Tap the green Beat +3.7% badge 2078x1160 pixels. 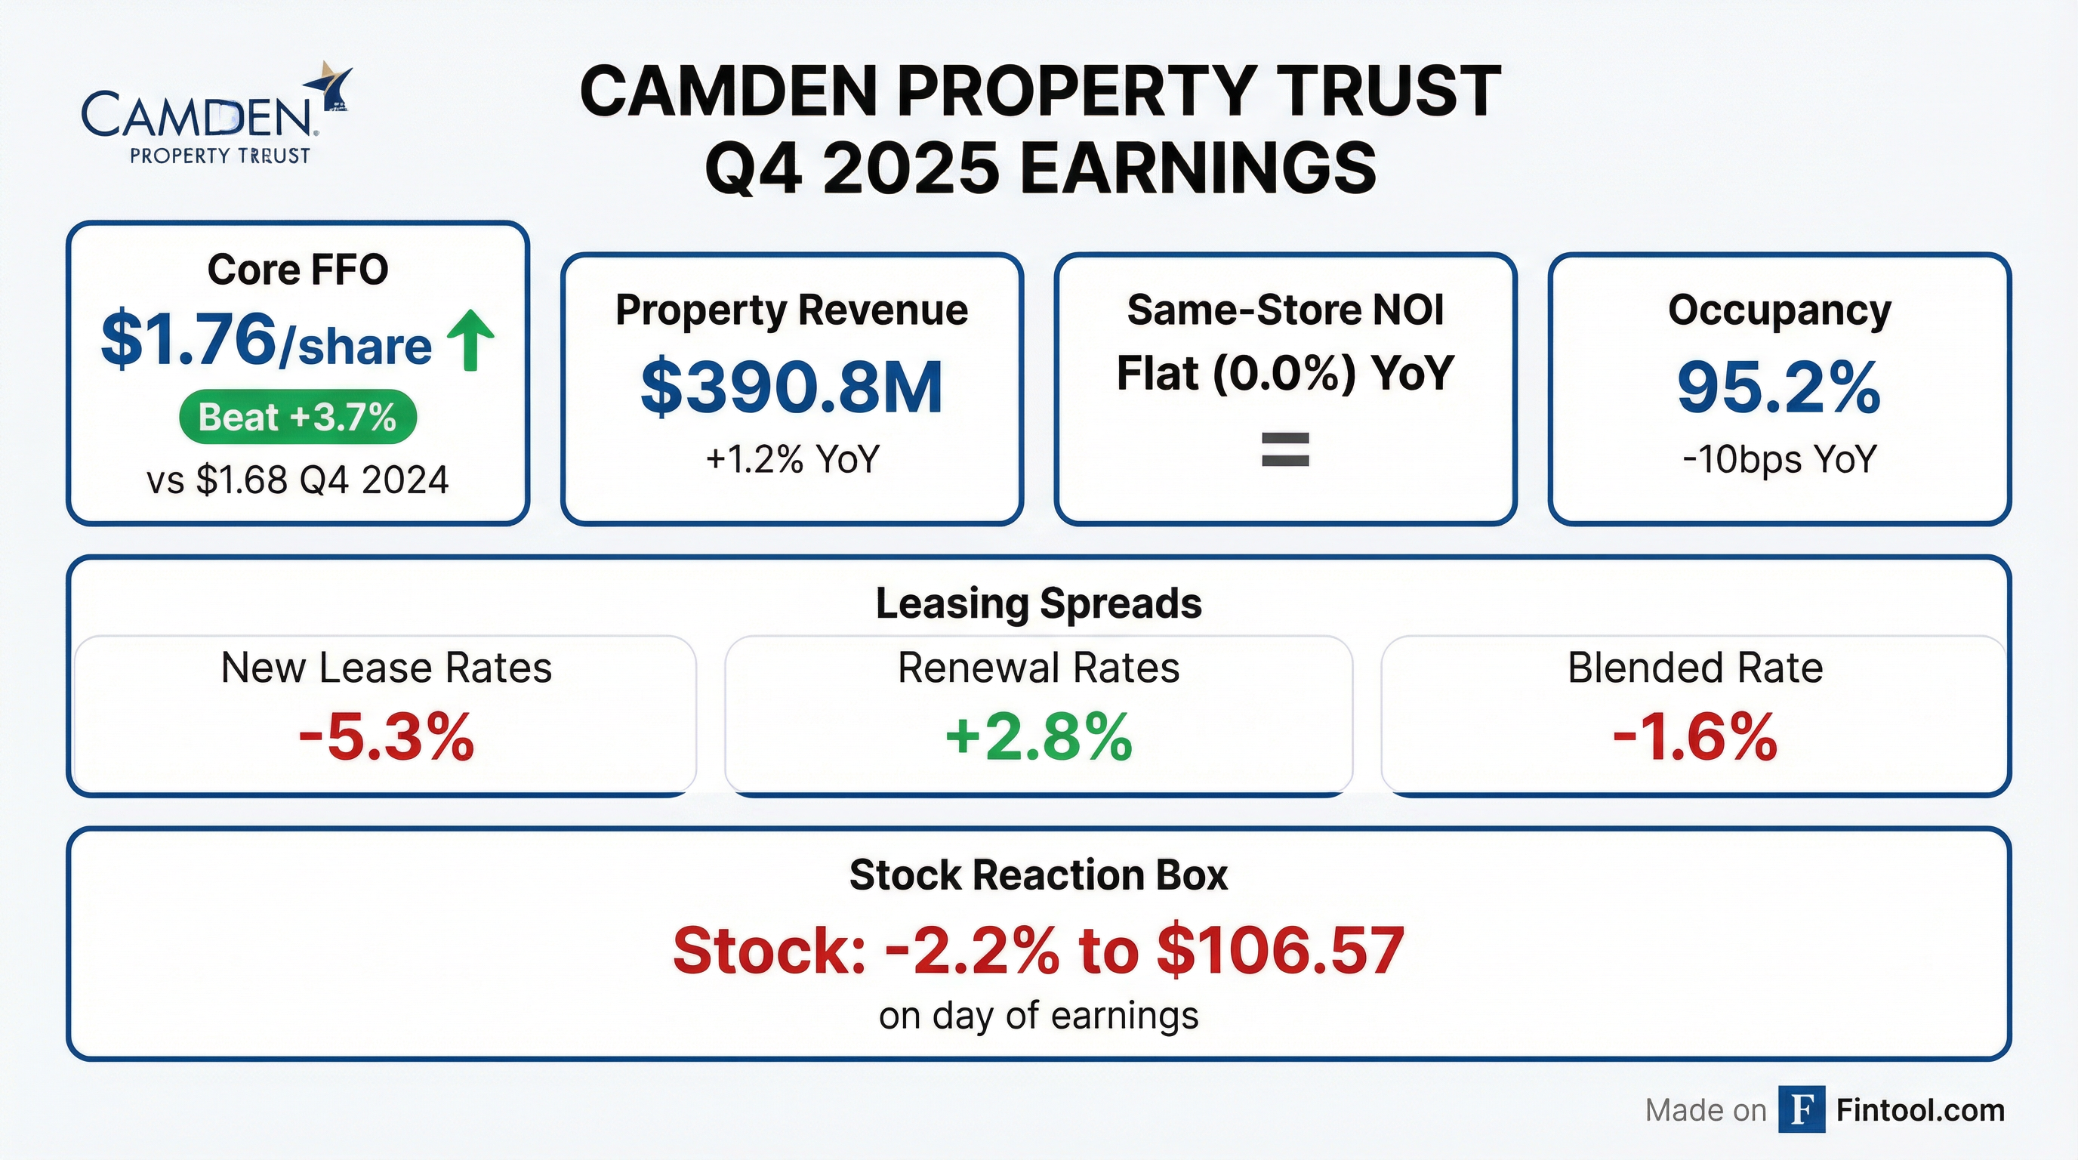pyautogui.click(x=298, y=417)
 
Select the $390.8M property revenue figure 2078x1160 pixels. pyautogui.click(x=791, y=388)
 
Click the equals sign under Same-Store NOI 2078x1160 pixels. pyautogui.click(x=1285, y=450)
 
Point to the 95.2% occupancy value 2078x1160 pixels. pyautogui.click(x=1779, y=388)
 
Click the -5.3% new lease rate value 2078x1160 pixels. pyautogui.click(x=387, y=737)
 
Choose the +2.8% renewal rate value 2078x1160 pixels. pyautogui.click(x=1038, y=737)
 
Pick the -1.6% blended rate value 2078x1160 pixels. pyautogui.click(x=1695, y=737)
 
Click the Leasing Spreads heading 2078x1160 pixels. pyautogui.click(x=1038, y=603)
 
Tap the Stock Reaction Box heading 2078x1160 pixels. pyautogui.click(x=1038, y=875)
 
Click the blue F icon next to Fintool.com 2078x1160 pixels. pyautogui.click(x=1802, y=1110)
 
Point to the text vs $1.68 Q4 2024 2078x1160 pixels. pyautogui.click(x=298, y=480)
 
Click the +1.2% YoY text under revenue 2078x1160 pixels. pyautogui.click(x=791, y=459)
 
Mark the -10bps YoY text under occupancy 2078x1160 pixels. pyautogui.click(x=1779, y=459)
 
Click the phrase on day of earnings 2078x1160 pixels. pyautogui.click(x=1038, y=1016)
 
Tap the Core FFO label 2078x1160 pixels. pyautogui.click(x=298, y=270)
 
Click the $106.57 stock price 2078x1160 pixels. pyautogui.click(x=1280, y=950)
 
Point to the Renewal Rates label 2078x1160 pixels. pyautogui.click(x=1038, y=668)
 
